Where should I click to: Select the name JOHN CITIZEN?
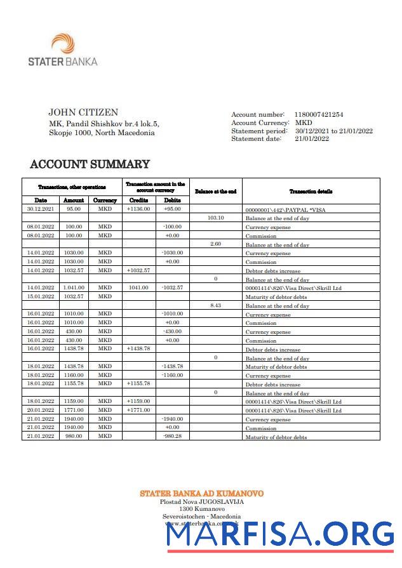(x=83, y=113)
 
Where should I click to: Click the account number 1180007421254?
(x=318, y=114)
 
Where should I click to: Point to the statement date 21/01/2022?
(x=311, y=138)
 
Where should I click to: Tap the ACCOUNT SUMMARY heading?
(x=90, y=164)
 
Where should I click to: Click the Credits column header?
(x=138, y=200)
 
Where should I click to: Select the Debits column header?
(x=172, y=200)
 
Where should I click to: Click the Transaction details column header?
(x=311, y=191)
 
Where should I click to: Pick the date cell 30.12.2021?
(x=41, y=209)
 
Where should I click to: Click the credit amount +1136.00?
(x=138, y=209)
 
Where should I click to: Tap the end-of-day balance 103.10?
(x=215, y=218)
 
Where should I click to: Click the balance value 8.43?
(x=215, y=305)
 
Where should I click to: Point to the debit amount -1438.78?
(x=172, y=366)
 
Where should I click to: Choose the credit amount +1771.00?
(x=138, y=410)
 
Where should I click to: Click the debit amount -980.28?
(x=172, y=437)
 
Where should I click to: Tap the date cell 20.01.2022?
(x=41, y=410)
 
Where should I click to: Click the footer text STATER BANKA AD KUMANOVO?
(x=201, y=493)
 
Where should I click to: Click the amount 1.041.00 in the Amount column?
(x=74, y=287)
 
